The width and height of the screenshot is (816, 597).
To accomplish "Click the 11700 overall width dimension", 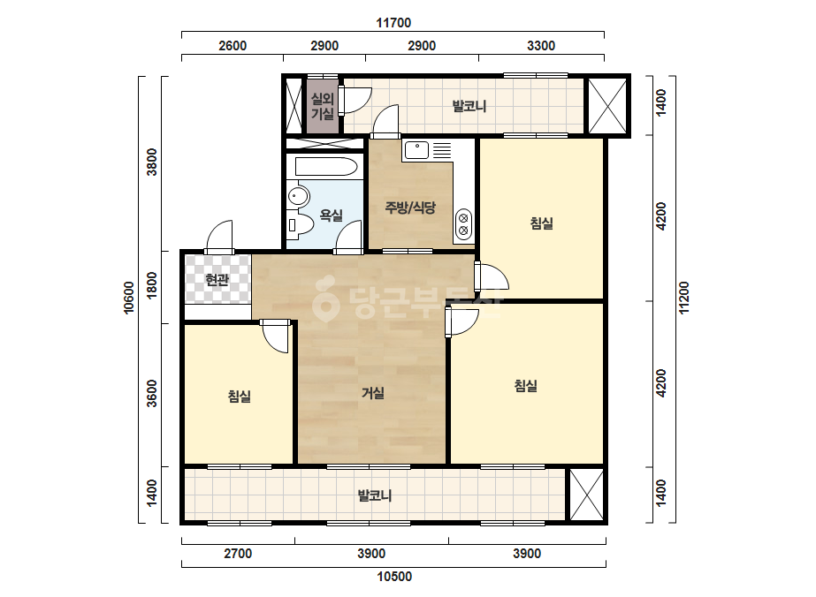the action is point(393,23).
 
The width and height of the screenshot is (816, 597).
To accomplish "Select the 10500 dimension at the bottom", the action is point(394,576).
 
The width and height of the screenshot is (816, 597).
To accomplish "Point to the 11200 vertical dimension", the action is point(683,298).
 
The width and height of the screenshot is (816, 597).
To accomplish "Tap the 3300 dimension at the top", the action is point(541,46).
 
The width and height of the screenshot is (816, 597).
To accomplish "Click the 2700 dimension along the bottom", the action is point(238,554).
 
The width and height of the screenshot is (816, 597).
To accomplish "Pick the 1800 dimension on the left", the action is point(151,285).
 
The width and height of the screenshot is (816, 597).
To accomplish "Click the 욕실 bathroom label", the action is point(331,215).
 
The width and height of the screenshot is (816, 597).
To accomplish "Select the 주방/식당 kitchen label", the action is point(410,208).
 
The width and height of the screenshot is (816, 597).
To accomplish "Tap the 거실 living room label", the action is point(373,393).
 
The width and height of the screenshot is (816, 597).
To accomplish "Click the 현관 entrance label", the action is point(217,280).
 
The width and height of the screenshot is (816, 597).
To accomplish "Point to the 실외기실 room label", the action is point(322,106).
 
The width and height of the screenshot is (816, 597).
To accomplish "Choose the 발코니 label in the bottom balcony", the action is point(375,495).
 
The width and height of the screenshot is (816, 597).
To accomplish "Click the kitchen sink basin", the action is point(417,150).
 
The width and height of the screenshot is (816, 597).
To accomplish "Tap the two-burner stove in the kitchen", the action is point(463,223).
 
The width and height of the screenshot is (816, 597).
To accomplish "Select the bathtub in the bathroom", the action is point(326,167).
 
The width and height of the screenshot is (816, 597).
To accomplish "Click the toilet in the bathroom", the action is point(300,224).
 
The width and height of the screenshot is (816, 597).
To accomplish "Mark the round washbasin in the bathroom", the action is point(298,196).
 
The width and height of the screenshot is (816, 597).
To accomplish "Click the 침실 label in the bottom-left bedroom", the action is point(240,397).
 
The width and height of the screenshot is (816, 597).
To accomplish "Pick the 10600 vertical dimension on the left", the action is point(128,298).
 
